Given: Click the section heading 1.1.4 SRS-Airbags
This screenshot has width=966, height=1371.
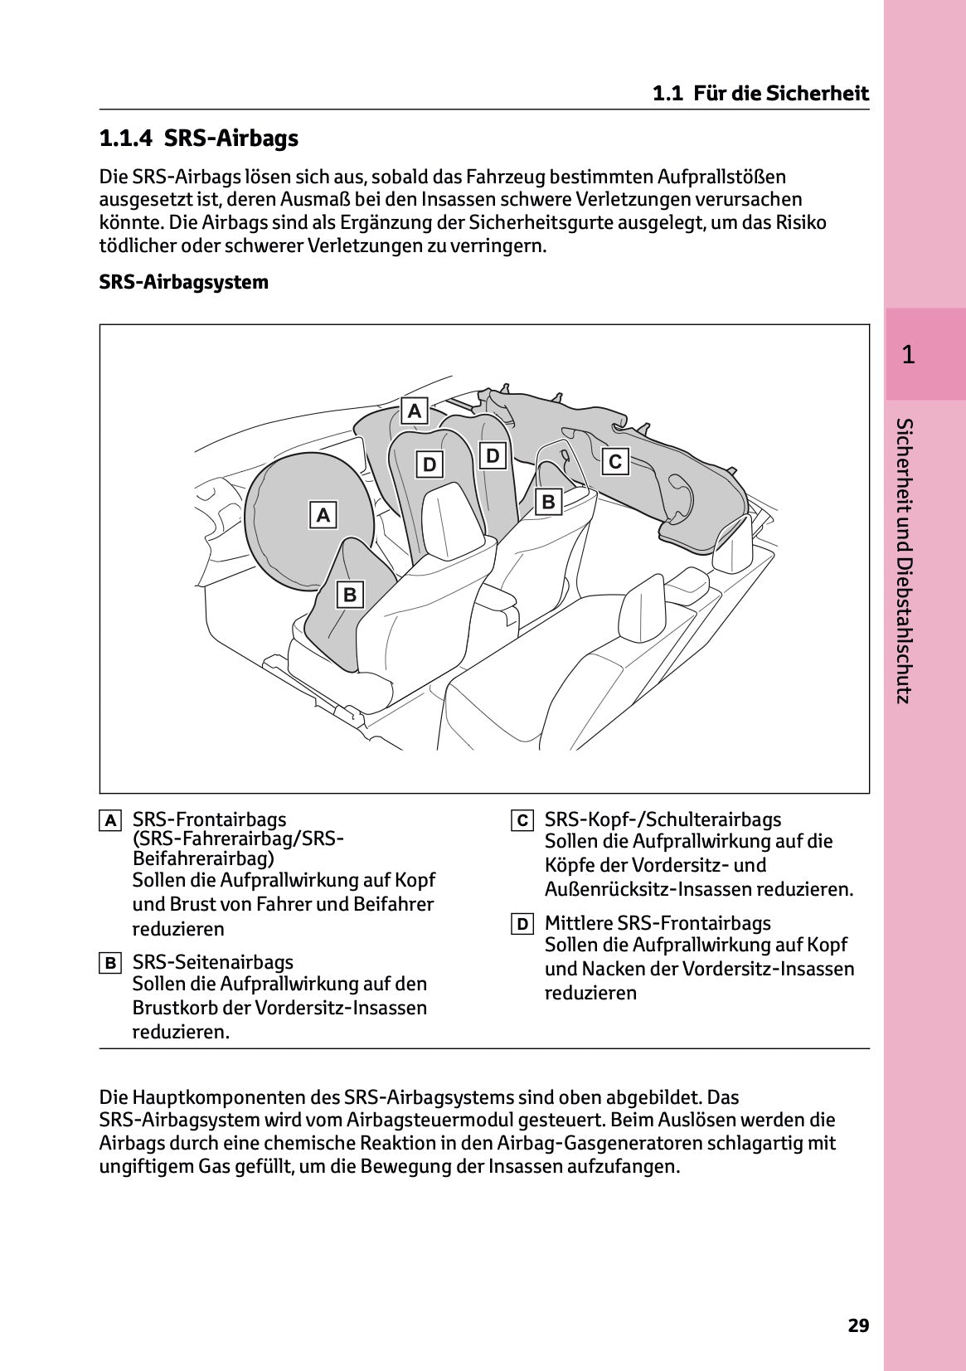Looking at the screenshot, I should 198,139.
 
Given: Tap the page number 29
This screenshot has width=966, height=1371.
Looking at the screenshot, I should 858,1325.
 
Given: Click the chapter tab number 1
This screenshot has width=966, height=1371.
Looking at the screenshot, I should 908,355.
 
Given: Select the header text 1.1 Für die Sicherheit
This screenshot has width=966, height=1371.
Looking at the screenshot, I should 760,94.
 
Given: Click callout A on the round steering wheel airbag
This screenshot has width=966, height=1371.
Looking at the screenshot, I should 323,515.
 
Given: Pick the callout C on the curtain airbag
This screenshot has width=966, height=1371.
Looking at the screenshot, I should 614,461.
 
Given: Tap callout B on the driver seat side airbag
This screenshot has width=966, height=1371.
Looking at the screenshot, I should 350,595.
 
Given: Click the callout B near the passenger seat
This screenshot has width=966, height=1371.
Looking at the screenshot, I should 548,502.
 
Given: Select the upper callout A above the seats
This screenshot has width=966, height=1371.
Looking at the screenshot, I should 415,411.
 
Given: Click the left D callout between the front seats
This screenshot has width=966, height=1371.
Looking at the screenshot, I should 430,464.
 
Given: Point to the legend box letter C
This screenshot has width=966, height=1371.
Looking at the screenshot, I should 522,821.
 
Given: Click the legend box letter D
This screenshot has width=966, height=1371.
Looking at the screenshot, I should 522,925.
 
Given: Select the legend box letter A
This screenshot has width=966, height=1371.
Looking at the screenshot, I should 109,821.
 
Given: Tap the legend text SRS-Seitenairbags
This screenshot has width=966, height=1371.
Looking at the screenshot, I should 213,962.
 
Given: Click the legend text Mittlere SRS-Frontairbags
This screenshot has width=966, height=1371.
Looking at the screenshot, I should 658,923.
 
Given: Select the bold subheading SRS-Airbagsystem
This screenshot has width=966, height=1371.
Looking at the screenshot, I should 183,282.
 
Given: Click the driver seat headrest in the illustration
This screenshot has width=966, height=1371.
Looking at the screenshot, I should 452,518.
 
